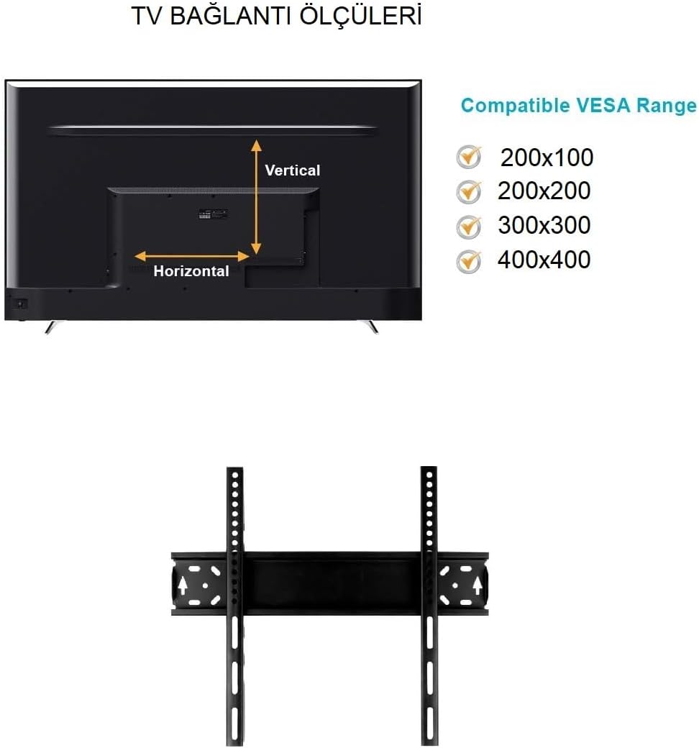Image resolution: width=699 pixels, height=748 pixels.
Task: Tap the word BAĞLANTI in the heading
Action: (x=230, y=17)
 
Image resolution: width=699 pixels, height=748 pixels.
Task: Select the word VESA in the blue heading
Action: (x=603, y=106)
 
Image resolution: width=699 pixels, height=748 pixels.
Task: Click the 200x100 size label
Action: (x=547, y=158)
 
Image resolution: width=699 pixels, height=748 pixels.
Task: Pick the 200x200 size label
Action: (x=544, y=191)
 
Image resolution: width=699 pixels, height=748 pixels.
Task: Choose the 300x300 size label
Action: (x=544, y=225)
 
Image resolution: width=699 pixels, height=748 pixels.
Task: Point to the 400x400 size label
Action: (x=544, y=260)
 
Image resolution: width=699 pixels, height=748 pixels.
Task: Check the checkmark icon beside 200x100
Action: (x=469, y=157)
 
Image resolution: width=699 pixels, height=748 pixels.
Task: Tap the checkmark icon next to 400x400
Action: (x=469, y=261)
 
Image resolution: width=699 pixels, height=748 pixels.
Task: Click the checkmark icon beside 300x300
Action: (x=469, y=227)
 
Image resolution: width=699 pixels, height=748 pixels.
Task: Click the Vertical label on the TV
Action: (x=293, y=170)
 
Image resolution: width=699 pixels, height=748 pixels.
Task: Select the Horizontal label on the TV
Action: (x=191, y=271)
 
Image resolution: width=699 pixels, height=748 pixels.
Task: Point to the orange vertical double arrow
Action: (x=256, y=196)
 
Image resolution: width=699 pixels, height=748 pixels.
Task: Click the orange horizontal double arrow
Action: (x=192, y=257)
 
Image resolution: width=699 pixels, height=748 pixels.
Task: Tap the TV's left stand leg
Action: (x=50, y=327)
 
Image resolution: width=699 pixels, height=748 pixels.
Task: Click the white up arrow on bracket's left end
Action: (x=182, y=585)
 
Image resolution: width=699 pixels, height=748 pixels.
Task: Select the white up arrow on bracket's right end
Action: (x=477, y=585)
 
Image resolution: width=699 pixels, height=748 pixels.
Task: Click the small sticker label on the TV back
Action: (x=214, y=214)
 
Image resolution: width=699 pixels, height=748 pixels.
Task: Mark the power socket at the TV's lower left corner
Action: (x=21, y=304)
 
